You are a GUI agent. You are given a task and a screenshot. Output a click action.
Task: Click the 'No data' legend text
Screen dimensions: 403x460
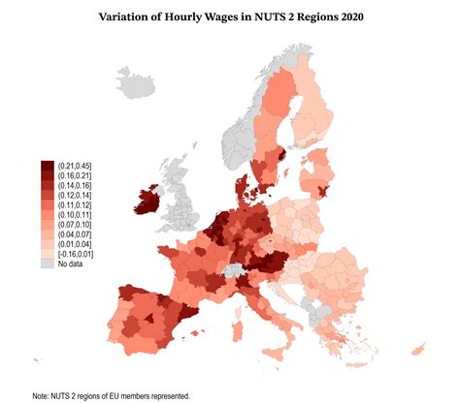(69, 263)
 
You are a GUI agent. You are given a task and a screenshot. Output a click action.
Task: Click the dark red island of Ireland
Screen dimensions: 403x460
(149, 202)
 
